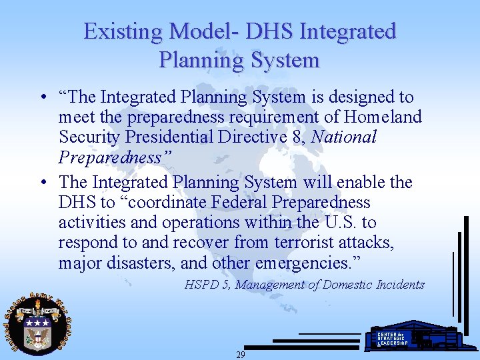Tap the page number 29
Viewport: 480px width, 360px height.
pyautogui.click(x=240, y=355)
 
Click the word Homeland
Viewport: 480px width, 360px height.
pyautogui.click(x=382, y=117)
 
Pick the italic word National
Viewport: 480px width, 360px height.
pyautogui.click(x=344, y=137)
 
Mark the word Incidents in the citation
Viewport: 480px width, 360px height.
pyautogui.click(x=400, y=285)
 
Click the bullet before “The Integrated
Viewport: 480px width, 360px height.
pyautogui.click(x=42, y=97)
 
